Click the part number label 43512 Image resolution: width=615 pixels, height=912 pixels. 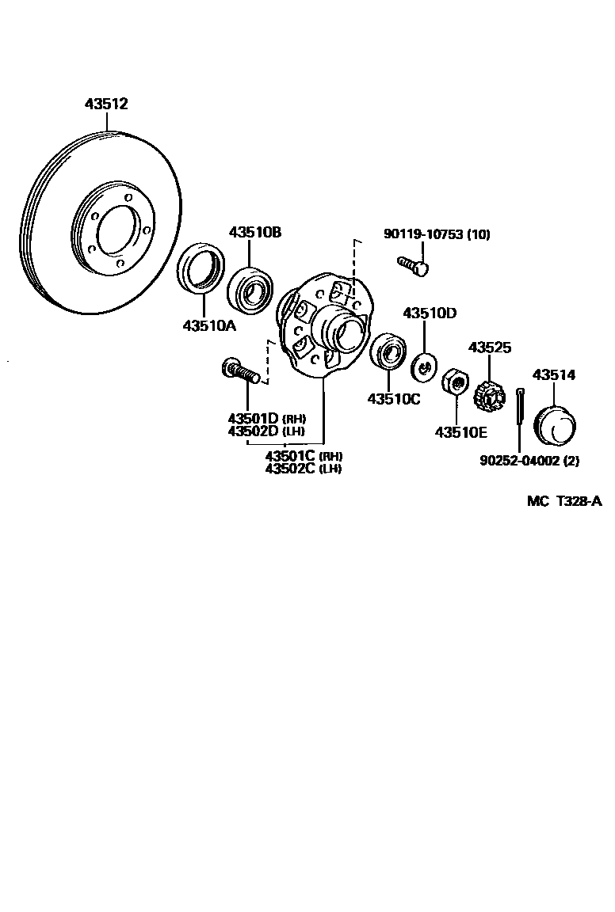[106, 104]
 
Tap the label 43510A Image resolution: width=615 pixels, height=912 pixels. [210, 325]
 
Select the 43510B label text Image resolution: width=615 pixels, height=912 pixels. [255, 232]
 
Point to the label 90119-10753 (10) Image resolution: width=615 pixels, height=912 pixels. [437, 234]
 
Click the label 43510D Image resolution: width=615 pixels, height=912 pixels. [430, 313]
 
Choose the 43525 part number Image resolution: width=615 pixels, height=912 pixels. [490, 348]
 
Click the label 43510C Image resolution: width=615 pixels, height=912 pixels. [393, 399]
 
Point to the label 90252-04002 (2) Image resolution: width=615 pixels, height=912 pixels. [529, 460]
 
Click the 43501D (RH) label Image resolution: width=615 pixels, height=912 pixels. [266, 418]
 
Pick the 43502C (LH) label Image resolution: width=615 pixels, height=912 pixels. [303, 468]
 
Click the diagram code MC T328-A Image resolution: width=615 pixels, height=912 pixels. [563, 502]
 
